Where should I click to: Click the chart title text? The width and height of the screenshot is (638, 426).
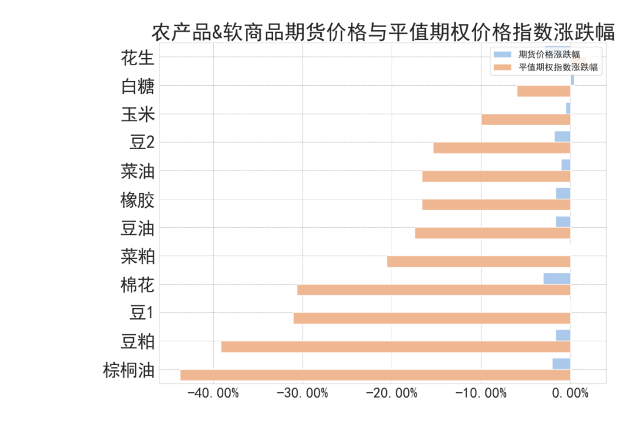[x=383, y=32]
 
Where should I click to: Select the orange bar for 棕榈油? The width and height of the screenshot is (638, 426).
[x=375, y=375]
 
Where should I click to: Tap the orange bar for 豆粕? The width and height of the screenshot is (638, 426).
[x=396, y=347]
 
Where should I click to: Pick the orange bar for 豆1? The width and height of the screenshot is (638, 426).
[x=432, y=318]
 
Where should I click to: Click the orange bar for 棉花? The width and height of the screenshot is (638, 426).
[x=434, y=290]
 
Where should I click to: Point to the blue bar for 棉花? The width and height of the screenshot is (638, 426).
[x=556, y=278]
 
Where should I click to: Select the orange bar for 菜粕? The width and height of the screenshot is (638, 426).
[x=479, y=262]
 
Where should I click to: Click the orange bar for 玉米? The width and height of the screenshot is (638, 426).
[x=526, y=120]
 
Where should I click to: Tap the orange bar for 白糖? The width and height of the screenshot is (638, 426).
[x=543, y=91]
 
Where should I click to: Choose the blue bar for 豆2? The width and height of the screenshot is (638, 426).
[x=562, y=137]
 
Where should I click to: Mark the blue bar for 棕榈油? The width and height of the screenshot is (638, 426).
[x=561, y=363]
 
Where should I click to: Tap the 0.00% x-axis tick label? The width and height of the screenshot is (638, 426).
[x=571, y=393]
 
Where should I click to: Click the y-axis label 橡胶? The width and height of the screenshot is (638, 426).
[x=138, y=200]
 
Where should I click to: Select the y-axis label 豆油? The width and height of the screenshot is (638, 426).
[x=138, y=228]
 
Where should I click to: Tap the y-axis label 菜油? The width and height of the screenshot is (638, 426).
[x=138, y=172]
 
